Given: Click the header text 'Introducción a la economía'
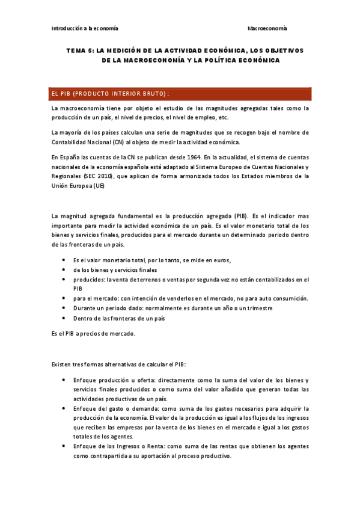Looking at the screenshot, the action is (x=85, y=28).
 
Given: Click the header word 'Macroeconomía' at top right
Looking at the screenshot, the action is (x=267, y=28).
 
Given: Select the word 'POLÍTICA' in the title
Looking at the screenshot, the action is (x=209, y=60).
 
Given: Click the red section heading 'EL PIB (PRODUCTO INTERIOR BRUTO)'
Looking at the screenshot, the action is (x=111, y=94).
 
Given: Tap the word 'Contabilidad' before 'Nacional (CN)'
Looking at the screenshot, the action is (x=72, y=142).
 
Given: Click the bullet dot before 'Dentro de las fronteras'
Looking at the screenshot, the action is (x=64, y=318).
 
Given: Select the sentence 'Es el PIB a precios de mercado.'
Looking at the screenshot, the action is (x=93, y=334).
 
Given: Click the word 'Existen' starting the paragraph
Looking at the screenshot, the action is (x=62, y=364).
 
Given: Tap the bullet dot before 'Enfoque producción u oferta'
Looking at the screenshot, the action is (x=64, y=380).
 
